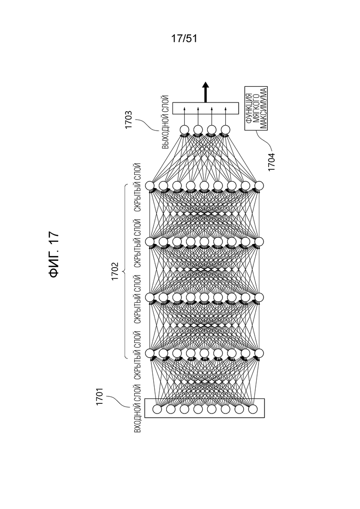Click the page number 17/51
pyautogui.click(x=184, y=39)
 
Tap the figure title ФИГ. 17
pyautogui.click(x=54, y=255)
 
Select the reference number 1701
pyautogui.click(x=99, y=396)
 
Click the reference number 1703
pyautogui.click(x=129, y=120)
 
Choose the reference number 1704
pyautogui.click(x=271, y=162)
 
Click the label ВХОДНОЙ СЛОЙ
pyautogui.click(x=138, y=408)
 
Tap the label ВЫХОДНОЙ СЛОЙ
pyautogui.click(x=165, y=122)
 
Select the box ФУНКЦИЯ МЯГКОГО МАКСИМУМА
pyautogui.click(x=256, y=108)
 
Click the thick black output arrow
pyautogui.click(x=205, y=92)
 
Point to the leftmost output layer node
pyautogui.click(x=184, y=130)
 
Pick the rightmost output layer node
pyautogui.click(x=225, y=130)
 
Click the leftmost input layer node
pyautogui.click(x=157, y=409)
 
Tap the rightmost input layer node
pyautogui.click(x=252, y=409)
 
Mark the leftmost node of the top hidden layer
pyautogui.click(x=150, y=186)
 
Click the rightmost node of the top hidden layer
pyautogui.click(x=259, y=186)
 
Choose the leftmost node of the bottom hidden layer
pyautogui.click(x=150, y=353)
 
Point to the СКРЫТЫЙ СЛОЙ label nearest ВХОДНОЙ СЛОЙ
pyautogui.click(x=138, y=355)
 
